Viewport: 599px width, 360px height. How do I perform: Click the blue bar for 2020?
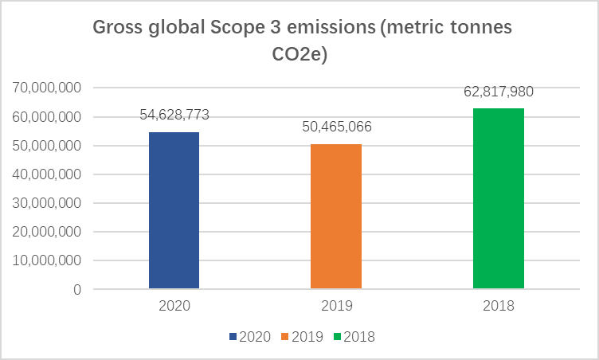click(x=174, y=210)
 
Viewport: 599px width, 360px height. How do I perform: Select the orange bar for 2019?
click(x=336, y=217)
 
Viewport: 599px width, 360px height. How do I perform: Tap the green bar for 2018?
click(x=499, y=198)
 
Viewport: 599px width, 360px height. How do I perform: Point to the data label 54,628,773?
click(x=174, y=115)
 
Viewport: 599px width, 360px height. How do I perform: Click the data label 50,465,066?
click(x=337, y=127)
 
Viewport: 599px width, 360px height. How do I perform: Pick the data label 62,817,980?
click(x=499, y=92)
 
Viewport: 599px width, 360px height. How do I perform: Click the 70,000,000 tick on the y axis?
click(x=47, y=88)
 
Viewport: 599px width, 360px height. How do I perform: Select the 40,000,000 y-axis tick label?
click(x=47, y=174)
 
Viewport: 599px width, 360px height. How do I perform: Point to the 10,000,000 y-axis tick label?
click(x=47, y=260)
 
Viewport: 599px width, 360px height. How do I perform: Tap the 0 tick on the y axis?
click(x=77, y=290)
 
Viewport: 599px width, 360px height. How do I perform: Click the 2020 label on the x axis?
click(x=174, y=306)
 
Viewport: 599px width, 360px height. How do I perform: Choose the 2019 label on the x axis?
click(x=337, y=306)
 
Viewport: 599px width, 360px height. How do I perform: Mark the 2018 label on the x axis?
click(x=499, y=306)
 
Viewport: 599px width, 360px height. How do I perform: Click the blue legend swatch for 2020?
click(x=233, y=337)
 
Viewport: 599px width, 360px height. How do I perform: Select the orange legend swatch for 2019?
click(x=284, y=337)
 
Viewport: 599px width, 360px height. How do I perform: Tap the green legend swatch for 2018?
click(x=337, y=337)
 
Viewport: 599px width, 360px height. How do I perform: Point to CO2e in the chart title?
click(x=299, y=54)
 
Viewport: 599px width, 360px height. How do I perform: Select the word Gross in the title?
click(x=118, y=28)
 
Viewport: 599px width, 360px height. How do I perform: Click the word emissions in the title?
click(x=331, y=28)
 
